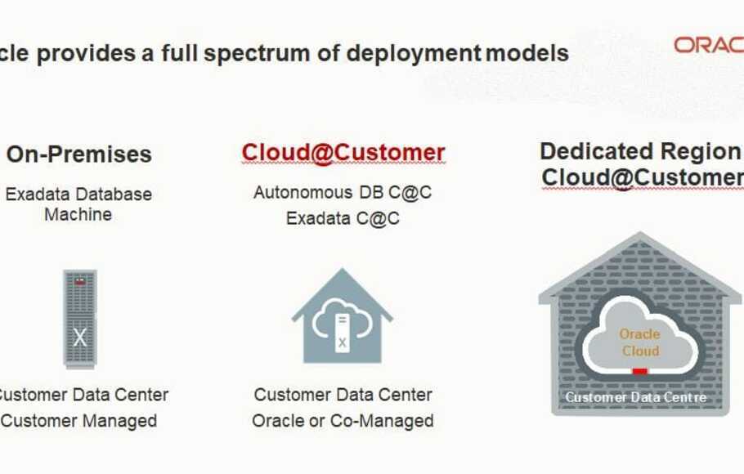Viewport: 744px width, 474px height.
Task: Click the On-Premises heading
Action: (x=79, y=154)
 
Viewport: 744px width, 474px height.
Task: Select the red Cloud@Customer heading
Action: (x=343, y=153)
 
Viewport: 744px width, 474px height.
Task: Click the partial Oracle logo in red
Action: (x=708, y=45)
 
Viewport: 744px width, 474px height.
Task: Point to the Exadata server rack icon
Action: (x=79, y=318)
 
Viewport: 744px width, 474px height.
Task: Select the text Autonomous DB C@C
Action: (x=343, y=193)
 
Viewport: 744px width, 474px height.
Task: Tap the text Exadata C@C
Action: (x=343, y=218)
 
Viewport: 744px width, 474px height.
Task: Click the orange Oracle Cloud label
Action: (x=640, y=342)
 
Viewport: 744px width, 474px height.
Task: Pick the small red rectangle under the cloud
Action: (x=640, y=371)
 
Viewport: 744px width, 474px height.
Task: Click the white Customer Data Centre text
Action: (x=636, y=398)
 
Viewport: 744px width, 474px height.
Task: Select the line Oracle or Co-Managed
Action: (x=343, y=421)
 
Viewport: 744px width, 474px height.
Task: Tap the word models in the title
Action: (x=527, y=54)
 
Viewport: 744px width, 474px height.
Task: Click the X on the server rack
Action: (x=79, y=337)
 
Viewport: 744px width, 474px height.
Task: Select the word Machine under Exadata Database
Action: (x=78, y=215)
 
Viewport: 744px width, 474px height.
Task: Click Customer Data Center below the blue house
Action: (x=343, y=395)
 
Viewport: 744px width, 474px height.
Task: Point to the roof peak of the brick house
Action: (x=640, y=237)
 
